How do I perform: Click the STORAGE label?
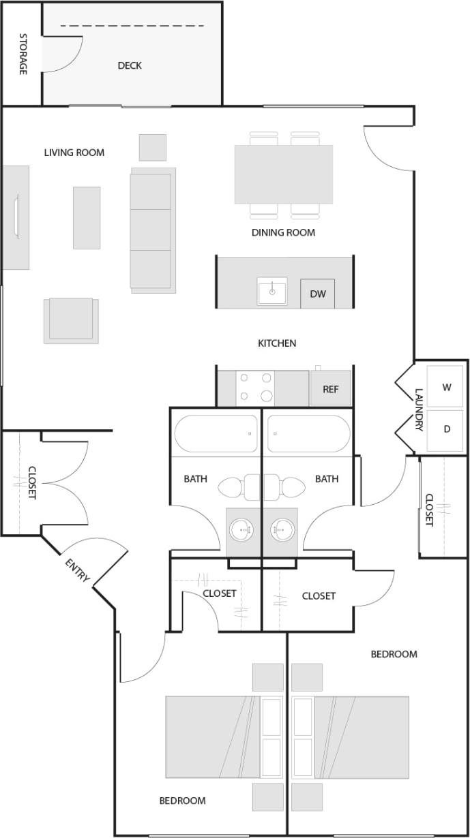[x=23, y=54]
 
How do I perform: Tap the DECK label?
[x=130, y=65]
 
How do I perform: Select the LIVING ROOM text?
[x=74, y=153]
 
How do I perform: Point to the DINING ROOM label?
[x=283, y=232]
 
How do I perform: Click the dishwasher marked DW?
[x=318, y=294]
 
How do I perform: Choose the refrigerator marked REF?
[x=331, y=390]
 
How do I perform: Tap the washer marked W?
[x=447, y=388]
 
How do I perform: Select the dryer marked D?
[x=447, y=429]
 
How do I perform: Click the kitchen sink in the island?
[x=272, y=292]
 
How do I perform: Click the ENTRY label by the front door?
[x=77, y=570]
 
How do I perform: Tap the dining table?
[x=284, y=174]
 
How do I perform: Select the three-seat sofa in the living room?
[x=151, y=230]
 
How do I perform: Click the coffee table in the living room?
[x=87, y=217]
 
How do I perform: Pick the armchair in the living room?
[x=71, y=320]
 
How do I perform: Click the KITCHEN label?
[x=276, y=343]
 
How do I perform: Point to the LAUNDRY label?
[x=420, y=409]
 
